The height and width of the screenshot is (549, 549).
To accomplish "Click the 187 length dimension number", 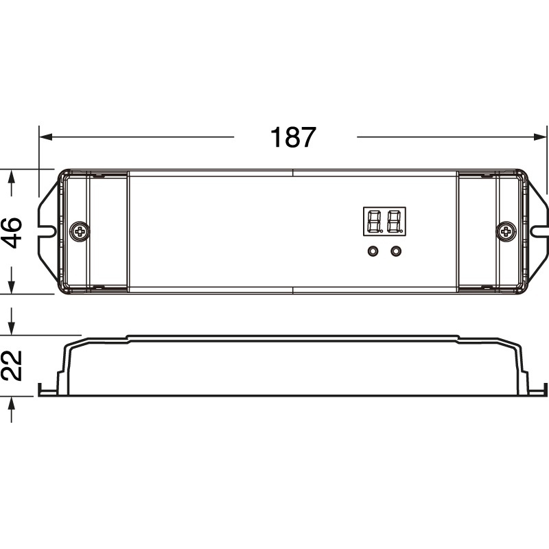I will (293, 137).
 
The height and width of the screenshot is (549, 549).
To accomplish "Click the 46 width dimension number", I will (14, 232).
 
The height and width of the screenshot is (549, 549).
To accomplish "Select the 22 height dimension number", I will (14, 365).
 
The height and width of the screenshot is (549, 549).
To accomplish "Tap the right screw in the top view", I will (506, 231).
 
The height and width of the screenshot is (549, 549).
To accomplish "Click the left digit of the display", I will (375, 222).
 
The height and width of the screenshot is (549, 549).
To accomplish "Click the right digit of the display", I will (393, 222).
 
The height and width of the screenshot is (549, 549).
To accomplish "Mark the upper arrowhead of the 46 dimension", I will (12, 175).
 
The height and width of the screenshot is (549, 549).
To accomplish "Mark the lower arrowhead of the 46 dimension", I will (12, 288).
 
